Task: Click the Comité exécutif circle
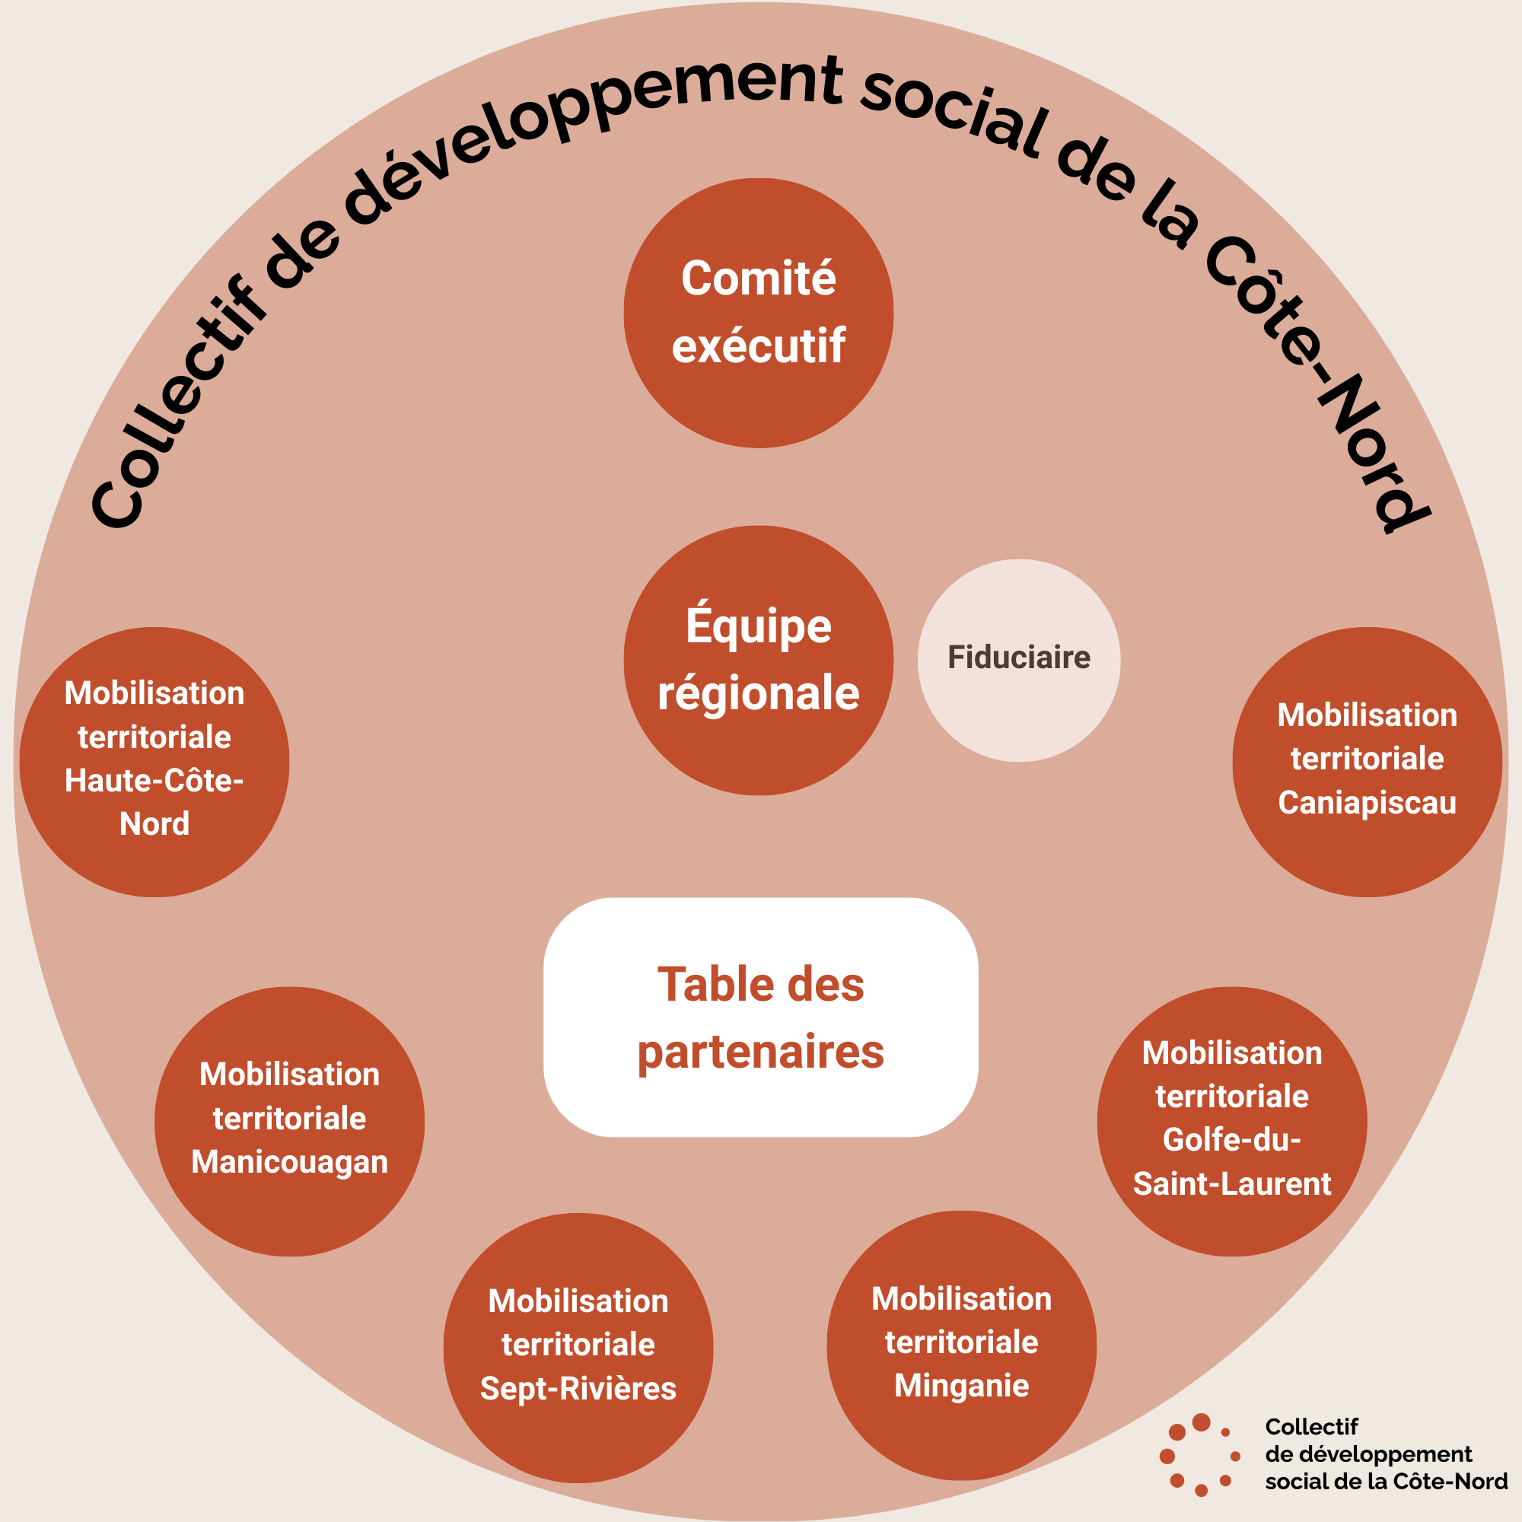[758, 313]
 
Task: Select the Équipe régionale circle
[758, 660]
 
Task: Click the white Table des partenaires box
[760, 1016]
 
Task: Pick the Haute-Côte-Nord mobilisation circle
[154, 762]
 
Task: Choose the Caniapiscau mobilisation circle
[1367, 762]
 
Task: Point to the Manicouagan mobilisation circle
[289, 1121]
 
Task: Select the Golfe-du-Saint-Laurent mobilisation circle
[1231, 1121]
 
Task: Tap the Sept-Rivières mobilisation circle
[578, 1348]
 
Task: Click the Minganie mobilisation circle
[961, 1345]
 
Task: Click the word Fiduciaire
[1019, 657]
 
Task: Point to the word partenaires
[760, 1052]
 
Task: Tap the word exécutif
[758, 345]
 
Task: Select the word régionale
[758, 693]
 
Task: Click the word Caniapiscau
[1367, 803]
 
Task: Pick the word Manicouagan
[289, 1163]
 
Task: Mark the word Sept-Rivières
[578, 1389]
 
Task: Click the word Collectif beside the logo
[1311, 1427]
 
